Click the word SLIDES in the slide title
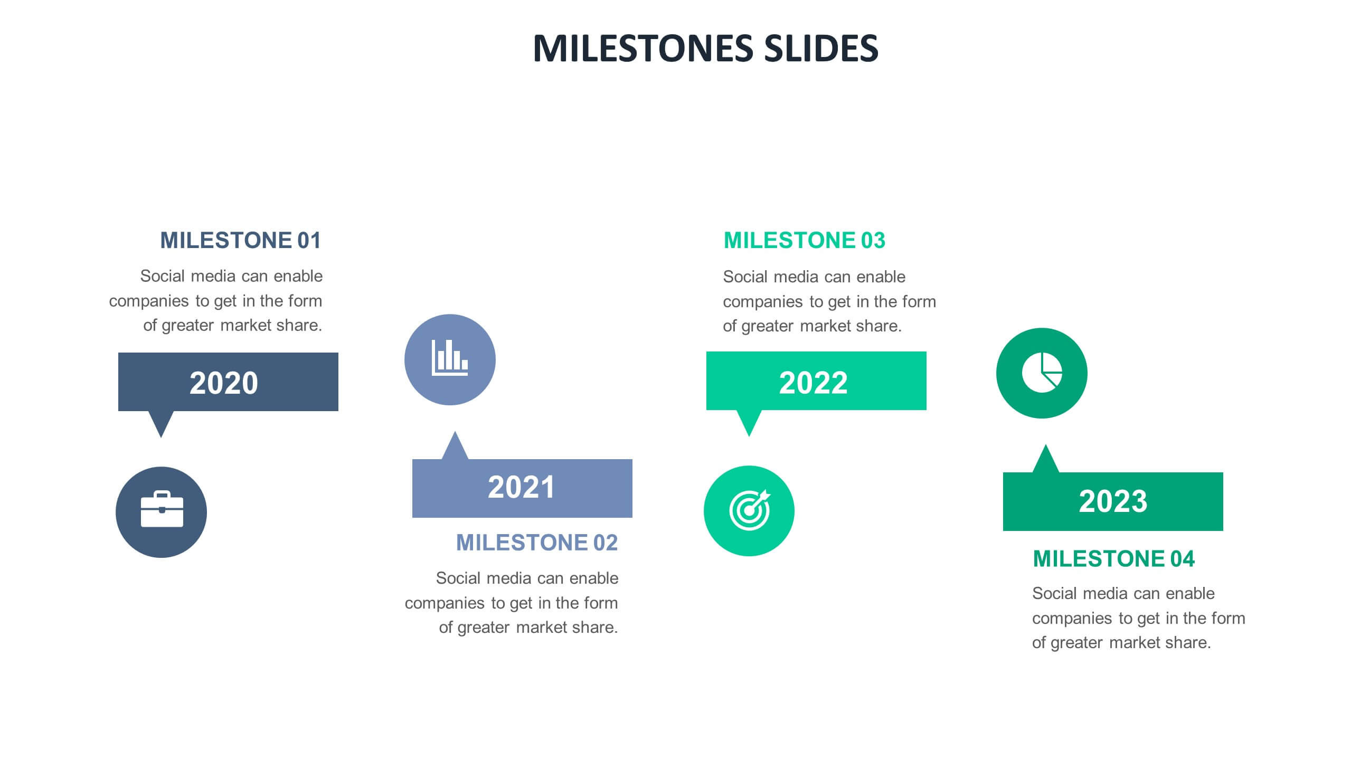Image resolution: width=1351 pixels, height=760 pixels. click(x=821, y=48)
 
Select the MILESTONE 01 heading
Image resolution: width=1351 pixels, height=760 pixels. click(x=241, y=241)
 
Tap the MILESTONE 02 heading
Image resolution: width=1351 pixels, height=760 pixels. click(x=536, y=543)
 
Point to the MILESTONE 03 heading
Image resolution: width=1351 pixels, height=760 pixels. click(x=804, y=241)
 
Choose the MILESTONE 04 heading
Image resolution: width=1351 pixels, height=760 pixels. click(x=1113, y=559)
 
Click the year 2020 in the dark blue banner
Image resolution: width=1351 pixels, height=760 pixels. click(x=224, y=383)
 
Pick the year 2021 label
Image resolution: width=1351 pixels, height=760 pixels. click(x=521, y=487)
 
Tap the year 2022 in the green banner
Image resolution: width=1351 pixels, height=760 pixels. click(x=813, y=383)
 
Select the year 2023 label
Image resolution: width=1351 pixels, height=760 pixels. click(x=1113, y=501)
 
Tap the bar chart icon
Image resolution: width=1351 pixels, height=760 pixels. click(x=450, y=359)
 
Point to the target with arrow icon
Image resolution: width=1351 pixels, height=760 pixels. click(x=749, y=510)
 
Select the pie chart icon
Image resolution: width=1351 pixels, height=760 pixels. click(x=1042, y=373)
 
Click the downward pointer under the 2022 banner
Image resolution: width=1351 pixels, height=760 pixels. click(x=749, y=422)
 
